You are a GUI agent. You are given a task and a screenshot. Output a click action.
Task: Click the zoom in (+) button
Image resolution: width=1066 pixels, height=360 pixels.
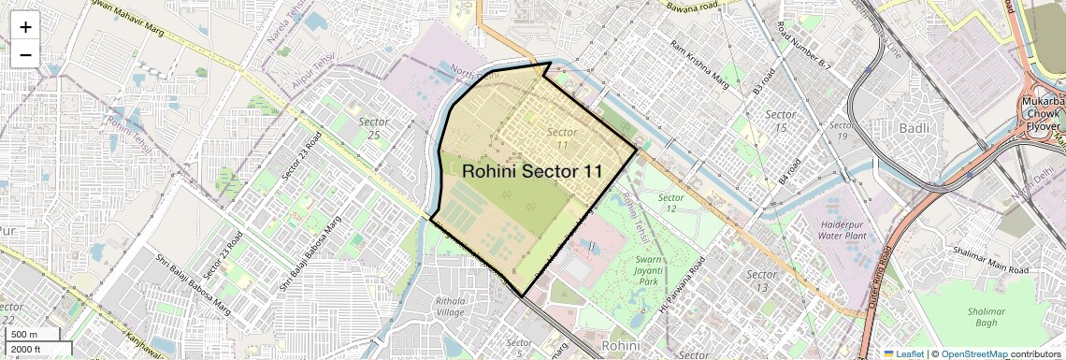25,27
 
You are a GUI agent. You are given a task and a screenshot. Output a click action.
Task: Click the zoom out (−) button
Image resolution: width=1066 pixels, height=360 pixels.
25,54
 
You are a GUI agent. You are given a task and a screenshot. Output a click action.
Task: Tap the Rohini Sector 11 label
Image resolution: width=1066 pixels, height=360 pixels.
531,171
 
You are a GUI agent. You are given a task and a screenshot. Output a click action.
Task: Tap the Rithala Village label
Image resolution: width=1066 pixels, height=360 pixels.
456,307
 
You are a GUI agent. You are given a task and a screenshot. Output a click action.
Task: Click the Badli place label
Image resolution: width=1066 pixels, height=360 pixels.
910,127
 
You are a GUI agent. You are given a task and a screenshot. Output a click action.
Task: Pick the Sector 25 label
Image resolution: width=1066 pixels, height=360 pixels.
374,129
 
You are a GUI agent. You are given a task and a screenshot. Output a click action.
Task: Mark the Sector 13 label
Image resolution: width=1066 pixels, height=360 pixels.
762,281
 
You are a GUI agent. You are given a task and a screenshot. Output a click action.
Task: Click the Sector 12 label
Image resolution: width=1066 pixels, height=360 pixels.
670,204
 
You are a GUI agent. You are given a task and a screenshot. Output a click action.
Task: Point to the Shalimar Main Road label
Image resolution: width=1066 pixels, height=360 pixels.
990,259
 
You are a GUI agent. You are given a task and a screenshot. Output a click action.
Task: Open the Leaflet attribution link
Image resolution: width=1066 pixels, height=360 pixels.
902,354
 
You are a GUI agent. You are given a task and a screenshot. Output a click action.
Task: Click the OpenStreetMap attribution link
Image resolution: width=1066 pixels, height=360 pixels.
973,354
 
